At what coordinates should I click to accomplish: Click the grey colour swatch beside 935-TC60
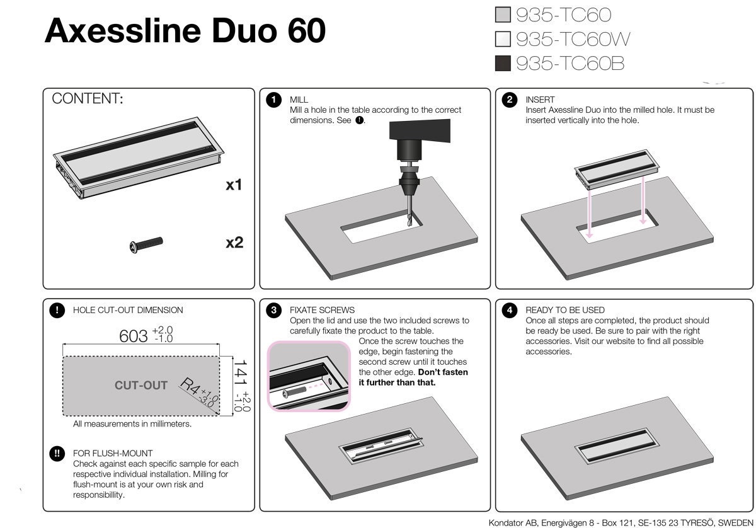[503, 15]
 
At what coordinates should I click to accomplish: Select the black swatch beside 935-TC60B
[503, 64]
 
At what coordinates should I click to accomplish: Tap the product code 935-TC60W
[573, 39]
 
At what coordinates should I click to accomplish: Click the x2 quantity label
[234, 243]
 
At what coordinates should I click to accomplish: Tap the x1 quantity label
[234, 185]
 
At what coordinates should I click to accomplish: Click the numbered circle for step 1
[273, 100]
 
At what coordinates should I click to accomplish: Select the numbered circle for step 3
[273, 310]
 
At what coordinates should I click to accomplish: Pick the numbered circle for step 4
[510, 310]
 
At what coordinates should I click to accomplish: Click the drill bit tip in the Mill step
[411, 224]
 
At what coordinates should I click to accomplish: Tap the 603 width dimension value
[134, 336]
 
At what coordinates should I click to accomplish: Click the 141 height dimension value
[241, 373]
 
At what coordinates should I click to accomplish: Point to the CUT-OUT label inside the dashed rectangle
[141, 385]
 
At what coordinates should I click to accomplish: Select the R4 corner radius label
[191, 386]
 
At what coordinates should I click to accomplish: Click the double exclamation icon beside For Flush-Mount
[57, 454]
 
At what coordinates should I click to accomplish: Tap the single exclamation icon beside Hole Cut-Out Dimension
[57, 310]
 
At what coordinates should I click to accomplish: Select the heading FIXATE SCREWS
[322, 310]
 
